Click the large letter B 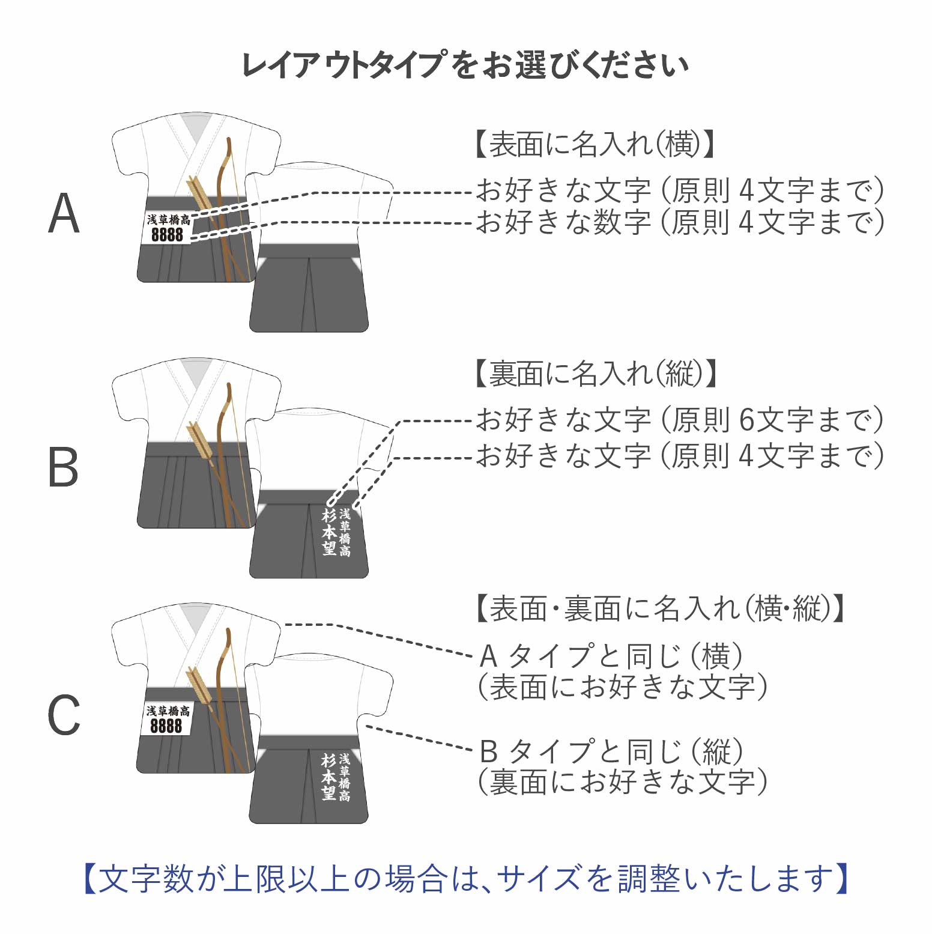click(x=64, y=467)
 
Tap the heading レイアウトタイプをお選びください click(x=465, y=65)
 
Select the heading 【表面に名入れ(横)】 click(x=595, y=144)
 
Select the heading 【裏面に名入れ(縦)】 click(x=596, y=374)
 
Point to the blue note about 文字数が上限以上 click(x=465, y=879)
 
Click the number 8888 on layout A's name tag click(x=167, y=234)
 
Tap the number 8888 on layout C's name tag click(x=166, y=726)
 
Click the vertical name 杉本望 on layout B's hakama click(x=328, y=532)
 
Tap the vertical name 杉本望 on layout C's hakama click(x=328, y=777)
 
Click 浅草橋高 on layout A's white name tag click(x=169, y=220)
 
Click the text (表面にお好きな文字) click(x=622, y=687)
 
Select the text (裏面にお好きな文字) click(x=622, y=782)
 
